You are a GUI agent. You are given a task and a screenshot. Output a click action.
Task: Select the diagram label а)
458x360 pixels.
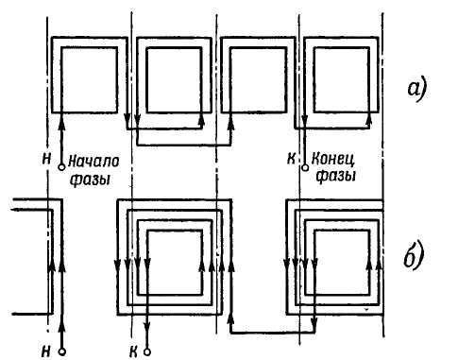(416, 90)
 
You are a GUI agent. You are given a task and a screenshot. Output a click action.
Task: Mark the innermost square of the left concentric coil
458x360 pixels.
(175, 262)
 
